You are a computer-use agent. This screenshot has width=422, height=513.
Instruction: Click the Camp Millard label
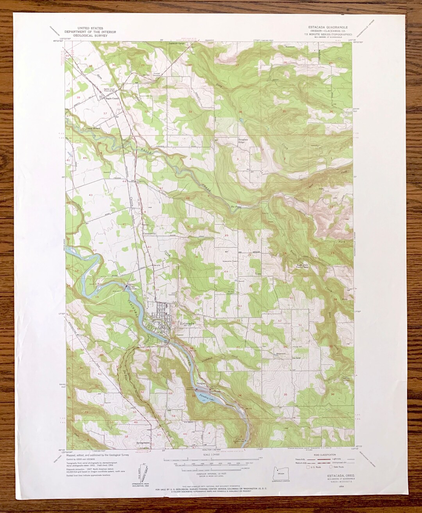pyautogui.click(x=94, y=128)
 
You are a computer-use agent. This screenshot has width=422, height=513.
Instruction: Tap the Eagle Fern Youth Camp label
pyautogui.click(x=301, y=268)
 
